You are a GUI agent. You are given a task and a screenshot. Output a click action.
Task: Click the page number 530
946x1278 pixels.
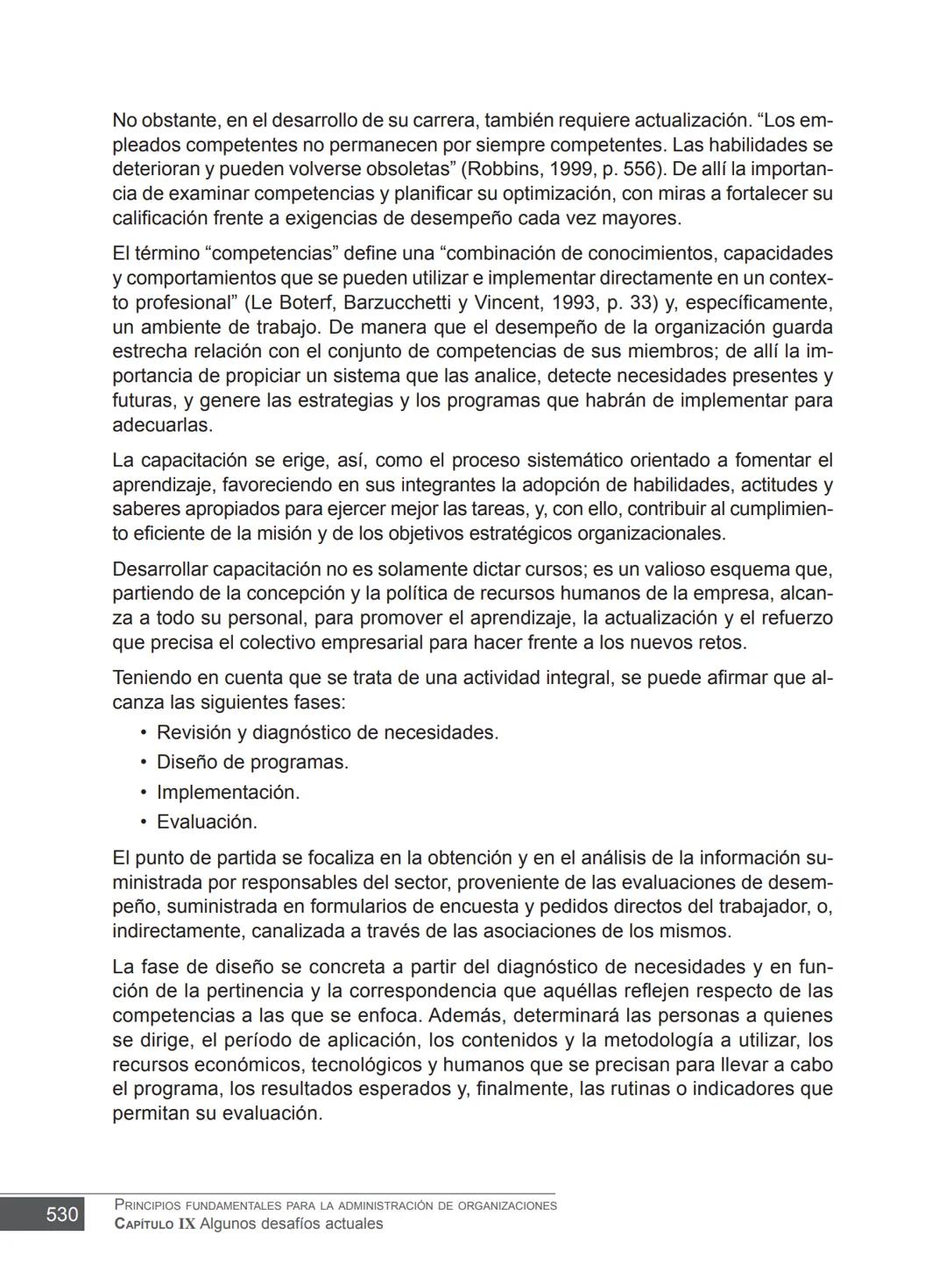[61, 1214]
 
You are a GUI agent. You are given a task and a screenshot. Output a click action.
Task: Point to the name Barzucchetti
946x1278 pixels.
[399, 303]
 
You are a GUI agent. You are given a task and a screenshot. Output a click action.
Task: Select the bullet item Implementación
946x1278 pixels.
[228, 793]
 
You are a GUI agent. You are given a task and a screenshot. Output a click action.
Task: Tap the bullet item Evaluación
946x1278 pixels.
[207, 823]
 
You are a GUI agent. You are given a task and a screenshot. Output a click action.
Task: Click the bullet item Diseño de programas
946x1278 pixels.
[252, 763]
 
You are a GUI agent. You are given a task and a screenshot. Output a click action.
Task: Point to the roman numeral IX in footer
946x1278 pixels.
[187, 1225]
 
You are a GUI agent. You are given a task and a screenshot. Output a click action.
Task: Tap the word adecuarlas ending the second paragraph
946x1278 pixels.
[161, 426]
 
